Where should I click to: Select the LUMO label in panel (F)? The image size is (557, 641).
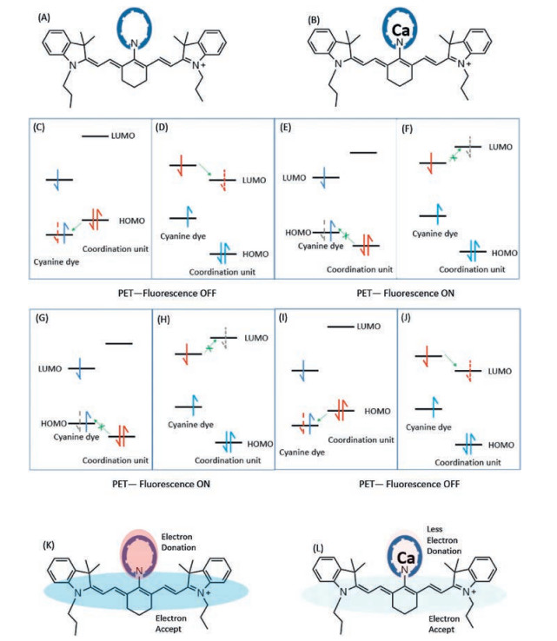(502, 149)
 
